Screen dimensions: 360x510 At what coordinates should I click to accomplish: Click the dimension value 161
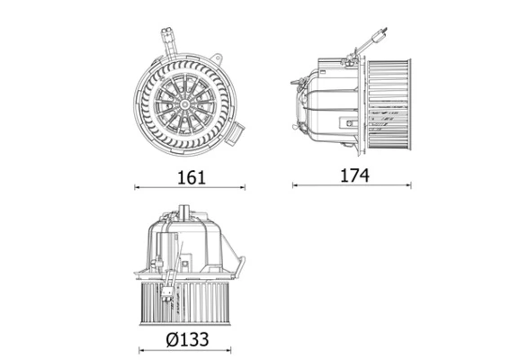coord(190,176)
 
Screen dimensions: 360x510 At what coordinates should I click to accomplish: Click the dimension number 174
coord(353,175)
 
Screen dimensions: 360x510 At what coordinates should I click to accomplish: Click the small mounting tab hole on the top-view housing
coord(217,57)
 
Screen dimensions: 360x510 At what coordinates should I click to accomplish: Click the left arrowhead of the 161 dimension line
coord(138,187)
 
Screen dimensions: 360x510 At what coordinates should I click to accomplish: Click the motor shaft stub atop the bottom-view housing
coord(185,212)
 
